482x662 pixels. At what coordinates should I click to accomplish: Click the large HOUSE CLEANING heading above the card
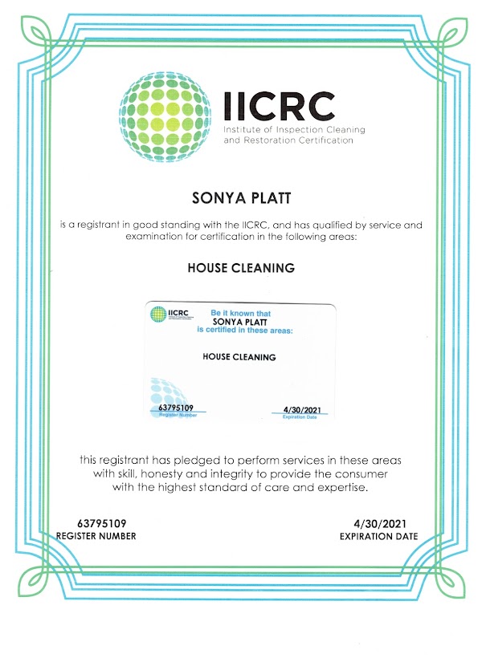241,268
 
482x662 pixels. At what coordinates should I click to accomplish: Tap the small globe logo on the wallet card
154,314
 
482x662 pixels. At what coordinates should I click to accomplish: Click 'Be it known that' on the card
238,311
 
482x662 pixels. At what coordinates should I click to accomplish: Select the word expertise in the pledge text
341,487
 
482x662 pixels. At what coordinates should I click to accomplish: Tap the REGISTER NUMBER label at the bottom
96,536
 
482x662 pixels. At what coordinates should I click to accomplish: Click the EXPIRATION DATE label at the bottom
378,536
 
